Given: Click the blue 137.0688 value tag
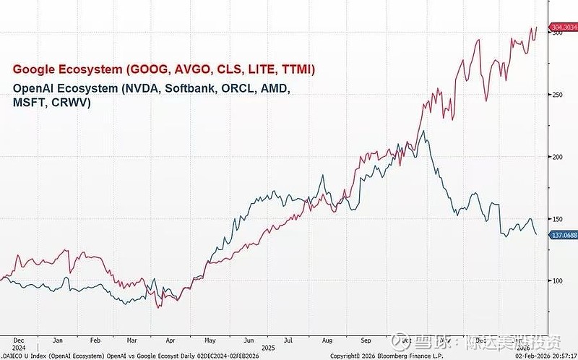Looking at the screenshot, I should tap(563, 235).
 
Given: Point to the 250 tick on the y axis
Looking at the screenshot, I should tap(557, 94).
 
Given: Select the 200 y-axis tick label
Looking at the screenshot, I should tap(557, 156).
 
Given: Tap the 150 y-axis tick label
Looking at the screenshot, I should tap(557, 218).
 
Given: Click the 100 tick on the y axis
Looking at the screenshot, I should tap(557, 280).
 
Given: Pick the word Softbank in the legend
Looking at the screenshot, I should tap(181, 89).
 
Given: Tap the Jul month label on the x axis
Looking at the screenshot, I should tap(289, 339).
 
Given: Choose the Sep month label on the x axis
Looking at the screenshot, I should tap(366, 339).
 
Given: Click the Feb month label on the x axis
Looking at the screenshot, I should tap(95, 339).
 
